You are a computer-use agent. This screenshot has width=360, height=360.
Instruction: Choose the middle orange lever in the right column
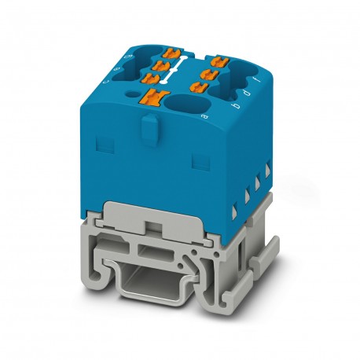click(208, 73)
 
